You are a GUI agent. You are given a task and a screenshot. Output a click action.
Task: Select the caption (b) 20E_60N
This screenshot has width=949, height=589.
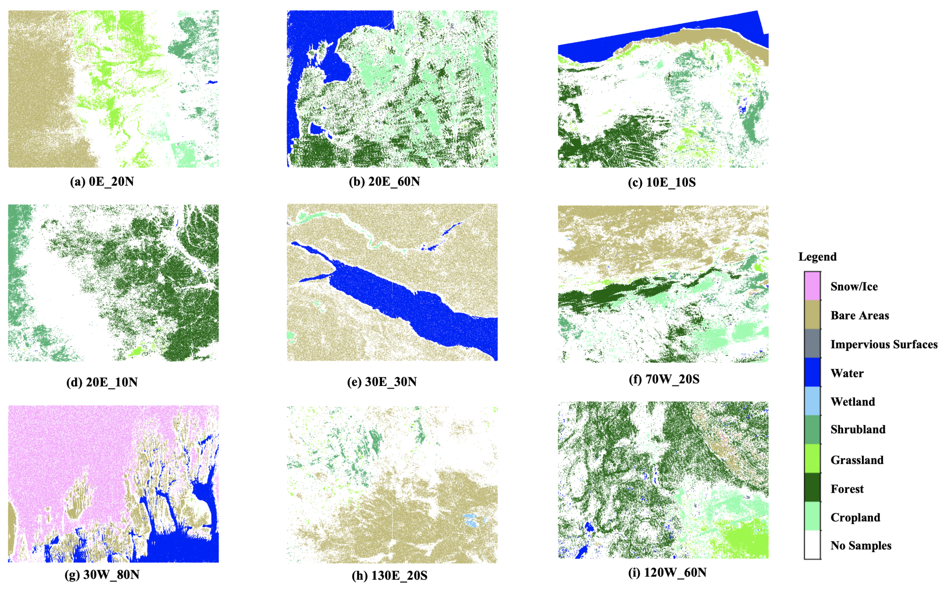pyautogui.click(x=384, y=182)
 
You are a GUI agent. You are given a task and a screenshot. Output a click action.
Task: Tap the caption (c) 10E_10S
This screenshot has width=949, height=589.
pyautogui.click(x=662, y=182)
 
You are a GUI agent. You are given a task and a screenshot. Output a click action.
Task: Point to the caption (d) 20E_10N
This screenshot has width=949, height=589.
pyautogui.click(x=102, y=382)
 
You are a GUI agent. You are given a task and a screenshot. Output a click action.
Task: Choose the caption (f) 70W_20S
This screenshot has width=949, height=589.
pyautogui.click(x=664, y=379)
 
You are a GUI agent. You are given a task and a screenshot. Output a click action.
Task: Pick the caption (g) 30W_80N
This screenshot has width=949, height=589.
pyautogui.click(x=102, y=575)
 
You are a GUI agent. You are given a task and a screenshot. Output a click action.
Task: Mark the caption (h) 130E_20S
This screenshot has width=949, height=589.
pyautogui.click(x=389, y=575)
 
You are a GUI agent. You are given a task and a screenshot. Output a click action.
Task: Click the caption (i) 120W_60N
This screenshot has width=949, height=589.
pyautogui.click(x=667, y=573)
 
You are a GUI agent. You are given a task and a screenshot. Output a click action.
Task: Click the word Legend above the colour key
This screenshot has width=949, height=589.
pyautogui.click(x=817, y=257)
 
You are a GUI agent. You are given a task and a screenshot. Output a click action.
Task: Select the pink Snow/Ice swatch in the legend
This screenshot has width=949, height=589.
pyautogui.click(x=812, y=286)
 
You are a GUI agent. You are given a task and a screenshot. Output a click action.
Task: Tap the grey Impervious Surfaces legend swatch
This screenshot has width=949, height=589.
pyautogui.click(x=812, y=344)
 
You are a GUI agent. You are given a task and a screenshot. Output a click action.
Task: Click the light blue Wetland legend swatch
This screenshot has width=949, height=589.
pyautogui.click(x=812, y=401)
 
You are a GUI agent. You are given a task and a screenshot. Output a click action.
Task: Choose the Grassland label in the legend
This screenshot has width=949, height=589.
pyautogui.click(x=857, y=460)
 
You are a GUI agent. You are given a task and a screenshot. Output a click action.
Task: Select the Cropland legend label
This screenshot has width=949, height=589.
pyautogui.click(x=855, y=517)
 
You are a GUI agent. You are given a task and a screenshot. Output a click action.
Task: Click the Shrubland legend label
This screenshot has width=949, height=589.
pyautogui.click(x=858, y=430)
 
